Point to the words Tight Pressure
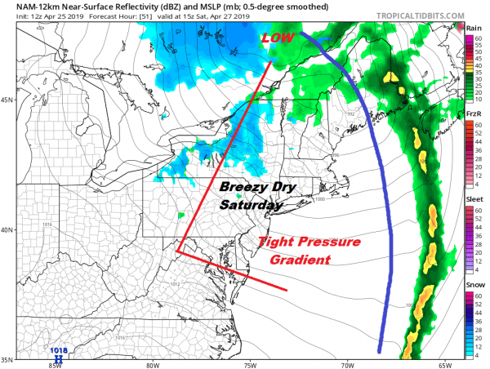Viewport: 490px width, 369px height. point(301,242)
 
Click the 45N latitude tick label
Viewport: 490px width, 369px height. point(7,100)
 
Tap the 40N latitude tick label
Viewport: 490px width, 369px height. point(7,230)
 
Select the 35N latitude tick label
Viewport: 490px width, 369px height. point(7,359)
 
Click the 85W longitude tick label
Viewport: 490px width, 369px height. point(54,365)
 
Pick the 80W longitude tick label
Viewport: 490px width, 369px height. point(152,365)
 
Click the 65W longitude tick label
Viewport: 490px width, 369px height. point(443,365)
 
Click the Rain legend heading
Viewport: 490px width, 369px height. point(474,29)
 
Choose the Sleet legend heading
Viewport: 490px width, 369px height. point(474,197)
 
